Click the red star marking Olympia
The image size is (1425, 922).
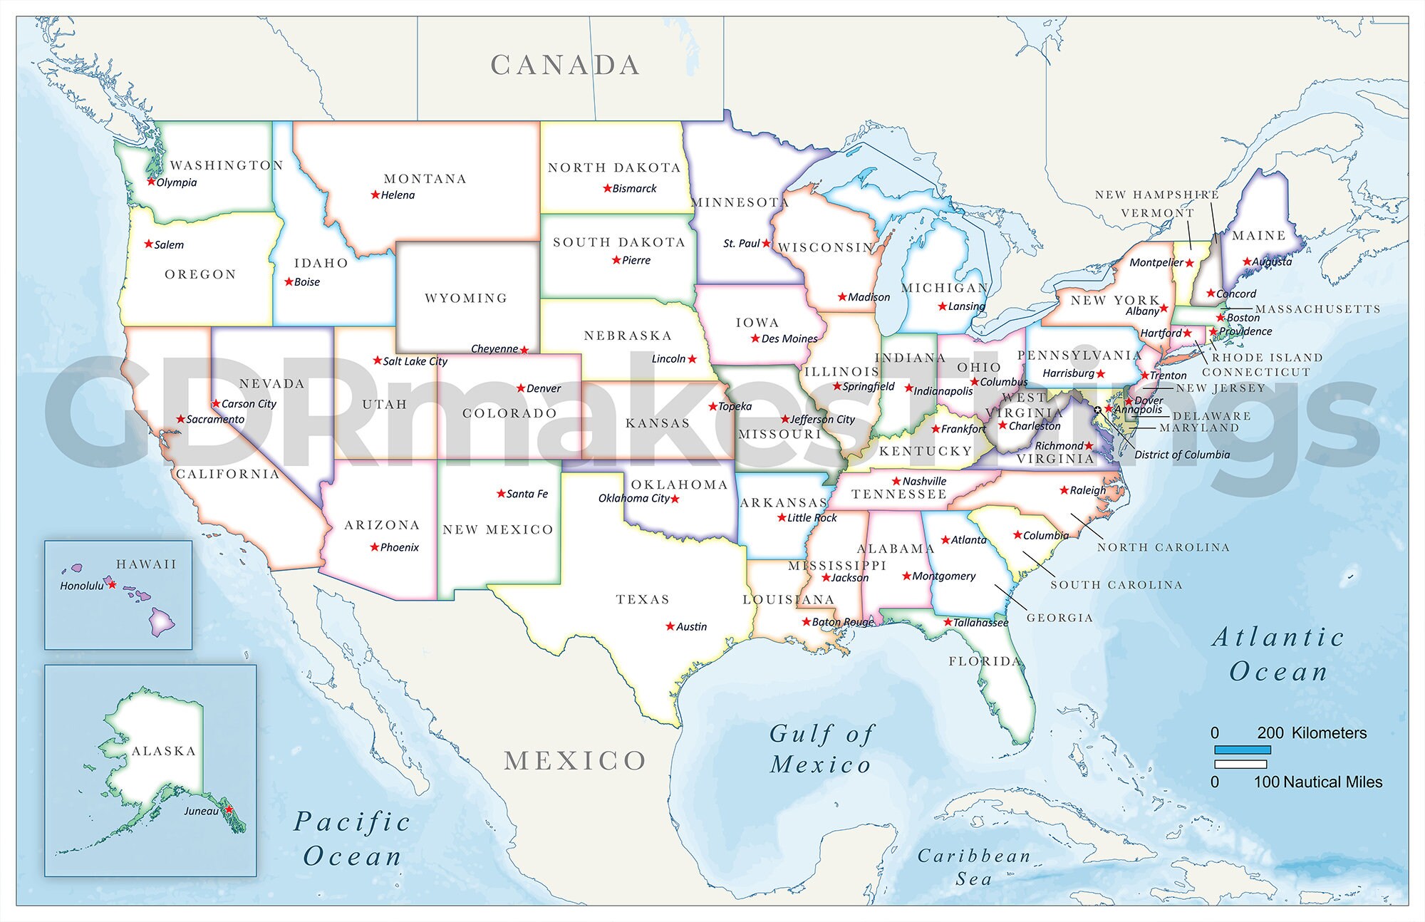tap(151, 182)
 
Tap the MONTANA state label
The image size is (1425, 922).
tap(425, 179)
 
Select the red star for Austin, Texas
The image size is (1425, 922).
tap(670, 626)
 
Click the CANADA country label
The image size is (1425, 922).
tap(565, 66)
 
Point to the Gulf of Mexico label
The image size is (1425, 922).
tap(821, 749)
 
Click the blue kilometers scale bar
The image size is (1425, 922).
tap(1242, 750)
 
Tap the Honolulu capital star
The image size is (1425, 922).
tap(112, 584)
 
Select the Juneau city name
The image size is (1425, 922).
tap(201, 811)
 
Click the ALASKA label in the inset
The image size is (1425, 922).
tap(163, 751)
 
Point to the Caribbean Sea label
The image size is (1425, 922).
tap(973, 867)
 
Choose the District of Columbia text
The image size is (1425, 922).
tap(1182, 455)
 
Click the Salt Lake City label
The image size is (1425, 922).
tap(415, 361)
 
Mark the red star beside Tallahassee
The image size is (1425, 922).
tap(948, 622)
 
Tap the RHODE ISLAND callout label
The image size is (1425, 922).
tap(1267, 358)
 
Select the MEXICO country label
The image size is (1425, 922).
tap(575, 761)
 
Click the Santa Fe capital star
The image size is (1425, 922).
tap(501, 493)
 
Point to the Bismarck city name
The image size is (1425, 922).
tap(634, 189)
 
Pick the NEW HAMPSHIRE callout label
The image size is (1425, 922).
tap(1156, 195)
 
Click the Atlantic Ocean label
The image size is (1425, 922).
tap(1278, 654)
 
